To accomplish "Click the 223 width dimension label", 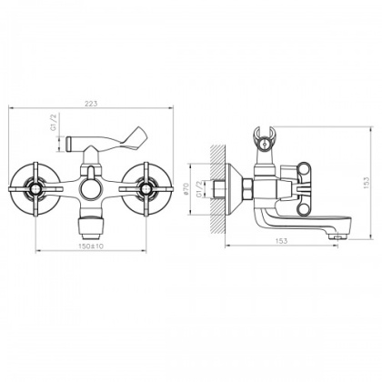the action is point(91,104).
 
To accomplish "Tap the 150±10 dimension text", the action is point(91,246).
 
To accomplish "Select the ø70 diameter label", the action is point(186,189).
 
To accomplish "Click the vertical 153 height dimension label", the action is point(367,183).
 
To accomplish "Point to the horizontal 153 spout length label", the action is point(281,241).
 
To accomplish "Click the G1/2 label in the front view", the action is point(54,123).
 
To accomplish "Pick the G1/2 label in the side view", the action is point(199,189).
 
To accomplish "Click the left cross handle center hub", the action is point(36,189).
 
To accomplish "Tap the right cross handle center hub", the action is point(146,189).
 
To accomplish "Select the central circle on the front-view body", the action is point(91,190).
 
